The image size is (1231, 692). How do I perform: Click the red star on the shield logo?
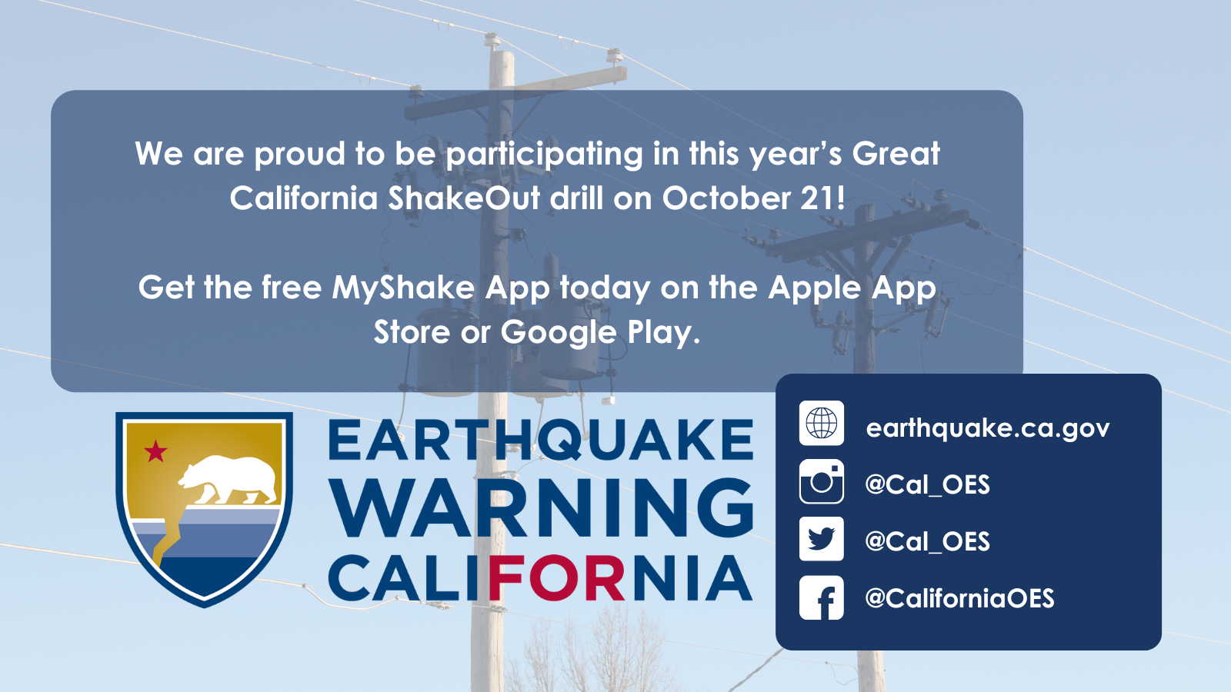point(155,451)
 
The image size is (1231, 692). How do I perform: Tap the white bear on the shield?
point(228,480)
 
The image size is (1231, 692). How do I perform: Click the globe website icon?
point(821,423)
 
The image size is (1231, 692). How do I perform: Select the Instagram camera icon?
point(821,481)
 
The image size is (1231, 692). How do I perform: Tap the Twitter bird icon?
point(821,539)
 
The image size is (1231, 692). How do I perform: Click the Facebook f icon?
point(821,597)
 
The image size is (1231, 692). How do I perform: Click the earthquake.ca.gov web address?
point(988,428)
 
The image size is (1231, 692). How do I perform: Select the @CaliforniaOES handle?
point(959,598)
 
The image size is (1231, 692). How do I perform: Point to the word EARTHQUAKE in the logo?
point(541,440)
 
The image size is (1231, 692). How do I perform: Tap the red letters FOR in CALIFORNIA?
point(556,577)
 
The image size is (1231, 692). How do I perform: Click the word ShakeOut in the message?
point(464,198)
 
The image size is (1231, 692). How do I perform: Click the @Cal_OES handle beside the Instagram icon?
point(927,484)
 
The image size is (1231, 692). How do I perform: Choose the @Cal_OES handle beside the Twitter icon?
point(927,541)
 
